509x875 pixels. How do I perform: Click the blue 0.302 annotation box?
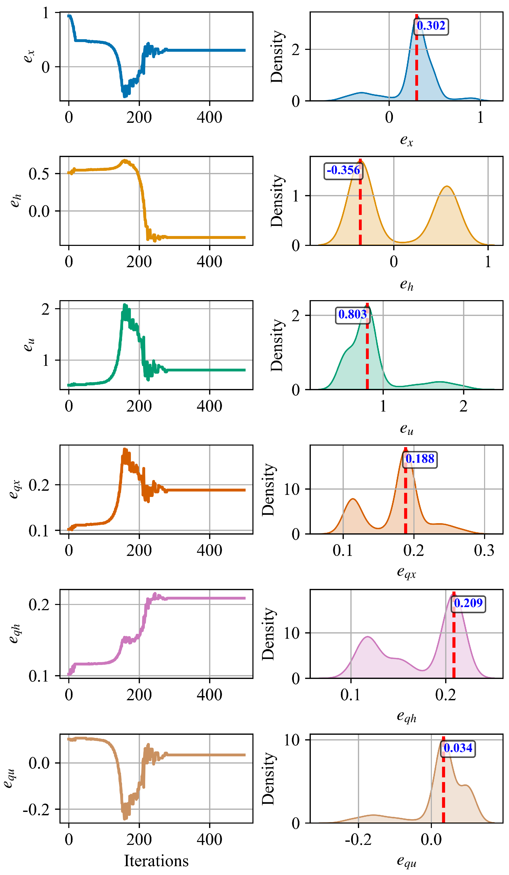click(x=431, y=26)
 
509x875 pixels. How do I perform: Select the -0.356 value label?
click(x=343, y=171)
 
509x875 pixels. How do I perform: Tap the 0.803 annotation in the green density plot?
click(x=352, y=315)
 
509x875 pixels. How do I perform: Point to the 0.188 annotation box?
click(x=419, y=459)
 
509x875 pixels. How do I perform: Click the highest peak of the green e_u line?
click(x=125, y=306)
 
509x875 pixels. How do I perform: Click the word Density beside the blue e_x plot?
click(x=277, y=57)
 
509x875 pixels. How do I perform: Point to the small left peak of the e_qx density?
click(x=353, y=499)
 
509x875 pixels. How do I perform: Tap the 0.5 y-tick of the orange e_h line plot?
click(x=39, y=174)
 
